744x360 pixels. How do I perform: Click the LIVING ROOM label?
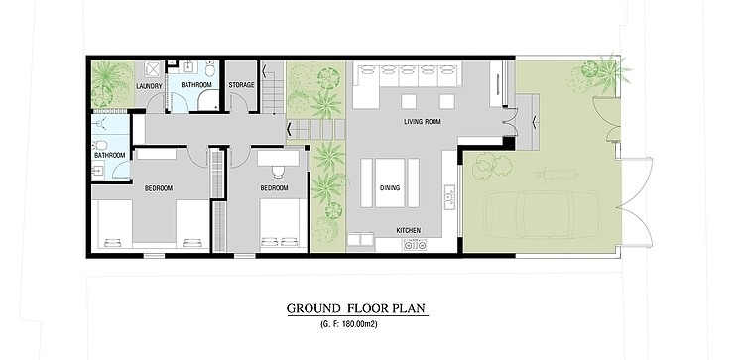pyautogui.click(x=423, y=122)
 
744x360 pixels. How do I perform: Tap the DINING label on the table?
pyautogui.click(x=390, y=187)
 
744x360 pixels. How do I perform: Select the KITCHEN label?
pyautogui.click(x=408, y=230)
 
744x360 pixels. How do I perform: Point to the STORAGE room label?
pyautogui.click(x=241, y=85)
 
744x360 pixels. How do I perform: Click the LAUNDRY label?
pyautogui.click(x=149, y=86)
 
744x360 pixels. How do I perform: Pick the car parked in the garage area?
pyautogui.click(x=543, y=215)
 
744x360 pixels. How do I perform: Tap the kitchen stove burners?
pyautogui.click(x=415, y=245)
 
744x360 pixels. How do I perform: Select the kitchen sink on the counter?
pyautogui.click(x=449, y=196)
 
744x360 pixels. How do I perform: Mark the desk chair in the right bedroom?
pyautogui.click(x=278, y=172)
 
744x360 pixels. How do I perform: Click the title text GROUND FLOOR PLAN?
pyautogui.click(x=356, y=308)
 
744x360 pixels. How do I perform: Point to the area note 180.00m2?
pyautogui.click(x=349, y=325)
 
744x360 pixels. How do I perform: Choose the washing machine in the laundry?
pyautogui.click(x=153, y=69)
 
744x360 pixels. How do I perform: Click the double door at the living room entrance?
pyautogui.click(x=510, y=122)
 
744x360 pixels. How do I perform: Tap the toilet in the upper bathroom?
pyautogui.click(x=210, y=69)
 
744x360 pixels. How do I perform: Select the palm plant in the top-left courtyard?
pyautogui.click(x=109, y=81)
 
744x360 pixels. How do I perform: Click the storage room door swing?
pyautogui.click(x=239, y=102)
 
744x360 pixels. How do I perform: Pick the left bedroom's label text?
pyautogui.click(x=159, y=188)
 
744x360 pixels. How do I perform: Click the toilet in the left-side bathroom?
pyautogui.click(x=99, y=145)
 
